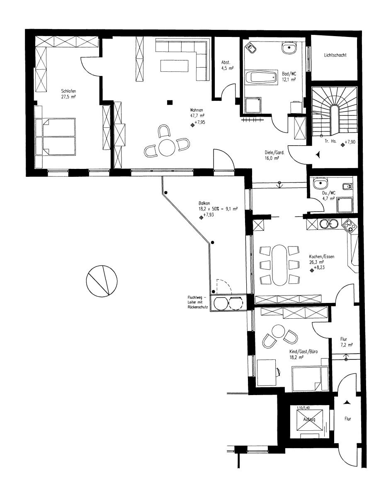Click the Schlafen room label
68,91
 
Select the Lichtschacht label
335,55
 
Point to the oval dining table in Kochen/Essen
280,265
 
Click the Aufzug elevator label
309,420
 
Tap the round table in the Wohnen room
167,148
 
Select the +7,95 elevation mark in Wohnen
198,123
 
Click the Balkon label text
204,203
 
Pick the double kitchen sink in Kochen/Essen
329,224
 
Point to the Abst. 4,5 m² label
227,65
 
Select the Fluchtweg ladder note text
197,303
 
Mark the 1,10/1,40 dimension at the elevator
304,408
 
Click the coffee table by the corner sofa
175,66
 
